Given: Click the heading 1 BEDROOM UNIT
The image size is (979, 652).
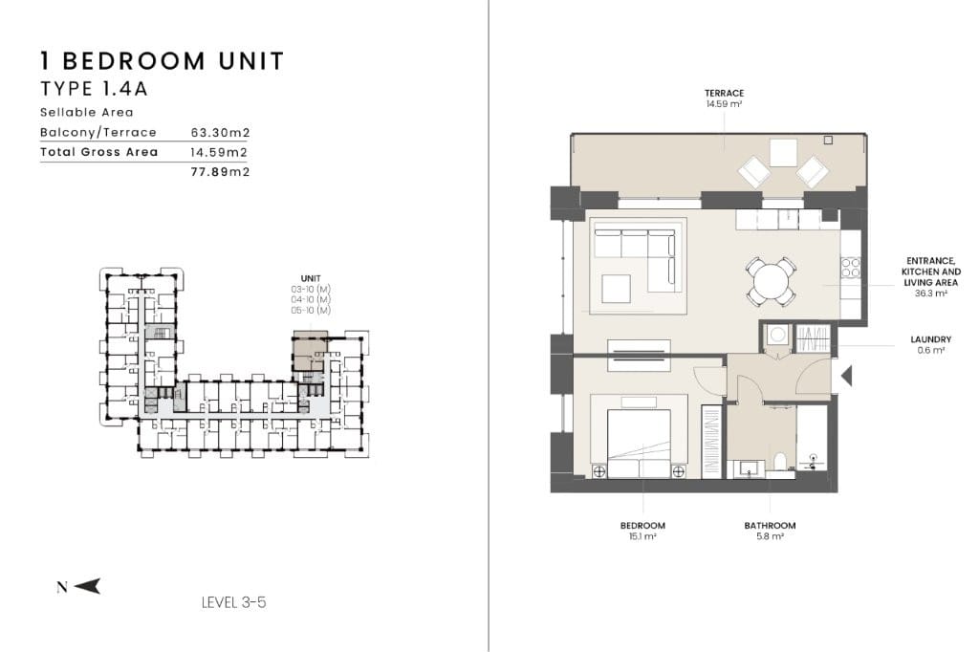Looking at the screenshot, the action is pyautogui.click(x=163, y=61).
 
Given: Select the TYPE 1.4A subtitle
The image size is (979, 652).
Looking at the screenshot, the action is pyautogui.click(x=95, y=89).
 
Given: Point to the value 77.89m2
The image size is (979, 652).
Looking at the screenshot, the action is pyautogui.click(x=221, y=172).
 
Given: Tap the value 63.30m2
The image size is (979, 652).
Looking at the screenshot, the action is pyautogui.click(x=221, y=132).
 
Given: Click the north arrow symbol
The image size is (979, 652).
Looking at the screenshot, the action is pyautogui.click(x=87, y=586).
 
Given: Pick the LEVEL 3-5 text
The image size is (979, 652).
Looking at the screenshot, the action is pyautogui.click(x=234, y=602).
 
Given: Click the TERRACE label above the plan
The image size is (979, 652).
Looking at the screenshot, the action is pyautogui.click(x=725, y=93).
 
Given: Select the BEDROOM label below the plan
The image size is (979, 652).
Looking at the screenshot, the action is pyautogui.click(x=642, y=525).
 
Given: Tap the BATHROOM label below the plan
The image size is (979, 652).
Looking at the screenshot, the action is pyautogui.click(x=770, y=525).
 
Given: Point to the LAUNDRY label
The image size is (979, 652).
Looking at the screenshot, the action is pyautogui.click(x=930, y=339).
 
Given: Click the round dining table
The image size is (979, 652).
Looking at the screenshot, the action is pyautogui.click(x=771, y=282).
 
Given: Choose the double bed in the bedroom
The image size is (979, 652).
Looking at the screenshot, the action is pyautogui.click(x=639, y=444).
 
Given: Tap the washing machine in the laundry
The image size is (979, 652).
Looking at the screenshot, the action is pyautogui.click(x=777, y=337).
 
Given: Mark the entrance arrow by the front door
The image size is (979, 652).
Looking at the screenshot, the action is pyautogui.click(x=846, y=376).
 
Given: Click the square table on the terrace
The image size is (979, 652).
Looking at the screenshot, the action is pyautogui.click(x=783, y=152).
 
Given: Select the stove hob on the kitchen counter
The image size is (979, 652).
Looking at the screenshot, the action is pyautogui.click(x=850, y=268).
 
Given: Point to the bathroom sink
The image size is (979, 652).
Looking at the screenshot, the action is pyautogui.click(x=750, y=468).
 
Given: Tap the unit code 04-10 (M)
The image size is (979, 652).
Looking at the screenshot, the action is pyautogui.click(x=311, y=300).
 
